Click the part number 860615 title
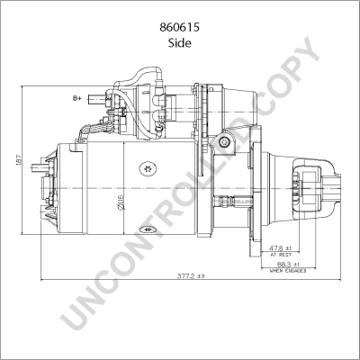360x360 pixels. pos(180,28)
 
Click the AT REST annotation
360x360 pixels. pos(284,255)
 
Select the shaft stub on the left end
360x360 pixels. pos(38,169)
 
